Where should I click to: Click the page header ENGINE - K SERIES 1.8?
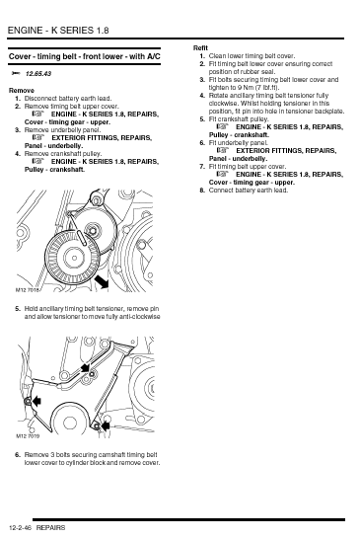pos(58,31)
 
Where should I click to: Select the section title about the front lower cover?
pos(85,56)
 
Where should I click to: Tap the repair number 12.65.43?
pos(38,74)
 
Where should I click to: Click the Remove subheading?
pos(22,91)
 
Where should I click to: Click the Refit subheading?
pos(200,48)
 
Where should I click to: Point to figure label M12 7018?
pos(28,290)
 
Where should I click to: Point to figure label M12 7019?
pos(28,436)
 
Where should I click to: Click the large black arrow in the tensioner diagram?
pos(102,281)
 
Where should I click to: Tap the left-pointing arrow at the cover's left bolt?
pos(36,401)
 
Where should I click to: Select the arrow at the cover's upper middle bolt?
pos(85,367)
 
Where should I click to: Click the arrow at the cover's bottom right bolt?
pos(106,426)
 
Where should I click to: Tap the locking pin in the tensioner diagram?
pos(82,238)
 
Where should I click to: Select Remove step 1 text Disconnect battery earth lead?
pos(68,99)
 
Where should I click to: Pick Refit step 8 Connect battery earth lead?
pos(249,191)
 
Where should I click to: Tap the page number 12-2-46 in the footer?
pos(21,528)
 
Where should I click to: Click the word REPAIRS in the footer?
pos(50,528)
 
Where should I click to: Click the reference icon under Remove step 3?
pos(38,137)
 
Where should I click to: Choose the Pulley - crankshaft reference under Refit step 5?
pos(239,134)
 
